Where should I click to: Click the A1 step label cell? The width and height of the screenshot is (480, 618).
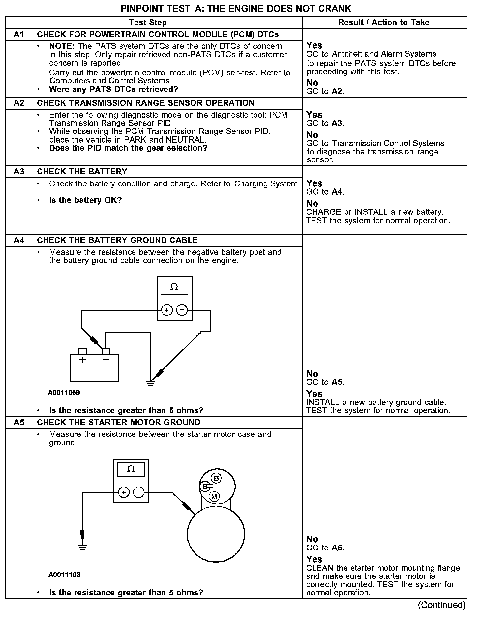[19, 35]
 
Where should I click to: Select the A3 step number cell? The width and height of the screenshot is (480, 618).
[19, 172]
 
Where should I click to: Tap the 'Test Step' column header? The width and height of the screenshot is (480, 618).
[148, 23]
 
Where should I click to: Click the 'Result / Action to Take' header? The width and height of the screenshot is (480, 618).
[384, 23]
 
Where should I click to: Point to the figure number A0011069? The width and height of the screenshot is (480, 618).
[64, 393]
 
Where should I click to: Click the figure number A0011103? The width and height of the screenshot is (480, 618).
[64, 575]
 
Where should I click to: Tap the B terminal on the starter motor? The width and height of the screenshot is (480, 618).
[216, 478]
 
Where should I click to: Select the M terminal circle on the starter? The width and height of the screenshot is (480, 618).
[214, 496]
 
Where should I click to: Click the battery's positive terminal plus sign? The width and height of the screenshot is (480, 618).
[82, 360]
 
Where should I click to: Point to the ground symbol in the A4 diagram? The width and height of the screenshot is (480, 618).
[150, 383]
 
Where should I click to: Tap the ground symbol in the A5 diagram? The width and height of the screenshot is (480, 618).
[82, 548]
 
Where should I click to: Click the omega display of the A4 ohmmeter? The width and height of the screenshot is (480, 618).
[174, 287]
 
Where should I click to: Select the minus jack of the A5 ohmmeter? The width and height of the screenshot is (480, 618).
[139, 492]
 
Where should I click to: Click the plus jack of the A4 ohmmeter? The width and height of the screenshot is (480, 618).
[167, 310]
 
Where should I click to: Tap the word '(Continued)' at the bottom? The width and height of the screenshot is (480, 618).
[442, 605]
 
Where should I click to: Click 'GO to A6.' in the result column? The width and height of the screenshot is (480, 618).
[325, 548]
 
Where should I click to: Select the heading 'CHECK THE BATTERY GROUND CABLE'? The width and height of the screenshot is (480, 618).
[117, 240]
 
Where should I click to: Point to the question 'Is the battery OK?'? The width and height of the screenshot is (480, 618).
[85, 200]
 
